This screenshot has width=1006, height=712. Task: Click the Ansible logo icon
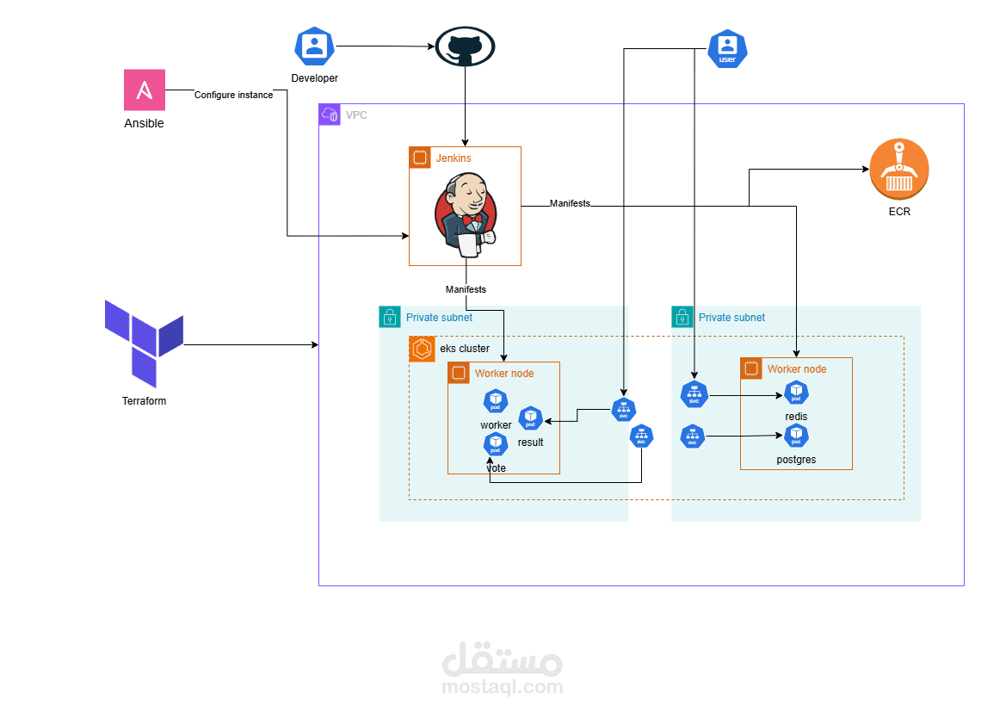145,90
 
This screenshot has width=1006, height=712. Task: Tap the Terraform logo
144,343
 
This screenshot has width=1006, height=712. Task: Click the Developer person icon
314,46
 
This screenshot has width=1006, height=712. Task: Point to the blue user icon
726,48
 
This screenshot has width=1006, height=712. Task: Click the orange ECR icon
899,170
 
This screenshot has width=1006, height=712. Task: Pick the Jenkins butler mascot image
465,214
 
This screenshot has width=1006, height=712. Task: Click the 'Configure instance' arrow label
233,95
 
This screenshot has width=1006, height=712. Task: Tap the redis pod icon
796,393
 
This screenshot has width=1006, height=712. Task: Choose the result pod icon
530,418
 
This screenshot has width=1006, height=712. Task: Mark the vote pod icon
496,444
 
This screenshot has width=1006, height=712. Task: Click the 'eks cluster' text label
465,349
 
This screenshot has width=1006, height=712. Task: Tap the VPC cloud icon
330,115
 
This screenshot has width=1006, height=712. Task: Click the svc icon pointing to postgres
692,436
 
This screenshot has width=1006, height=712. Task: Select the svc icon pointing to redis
694,395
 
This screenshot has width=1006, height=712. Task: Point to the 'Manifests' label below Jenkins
466,289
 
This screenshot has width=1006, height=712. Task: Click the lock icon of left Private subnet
390,317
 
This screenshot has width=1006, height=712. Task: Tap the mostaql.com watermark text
502,687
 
